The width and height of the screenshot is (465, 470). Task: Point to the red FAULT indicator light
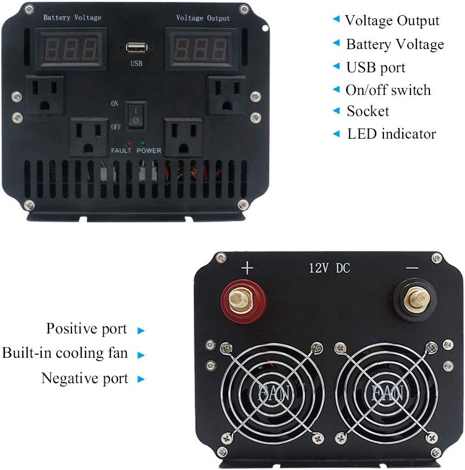coord(129,144)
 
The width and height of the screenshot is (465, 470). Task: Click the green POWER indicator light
coord(143,144)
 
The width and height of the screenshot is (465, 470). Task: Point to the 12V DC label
coord(329,268)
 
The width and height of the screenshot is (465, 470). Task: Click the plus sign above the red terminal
coord(247,268)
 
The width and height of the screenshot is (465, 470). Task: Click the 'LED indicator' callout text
coord(391,133)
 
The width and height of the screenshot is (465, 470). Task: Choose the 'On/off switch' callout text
coord(388,90)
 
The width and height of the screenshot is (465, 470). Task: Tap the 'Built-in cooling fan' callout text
coord(65,353)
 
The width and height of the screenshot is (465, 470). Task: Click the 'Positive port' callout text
coord(87,329)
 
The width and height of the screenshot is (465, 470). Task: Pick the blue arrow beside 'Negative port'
coord(141,379)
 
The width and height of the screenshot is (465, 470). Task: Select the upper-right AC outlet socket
coord(226,95)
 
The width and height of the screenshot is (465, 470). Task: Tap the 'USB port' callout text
coord(376,67)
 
